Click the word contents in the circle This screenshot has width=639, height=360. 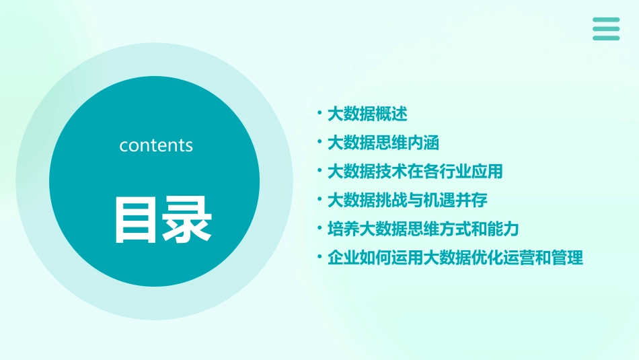tap(156, 145)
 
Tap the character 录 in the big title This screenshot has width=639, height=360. tap(185, 219)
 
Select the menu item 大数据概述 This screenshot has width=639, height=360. tap(367, 114)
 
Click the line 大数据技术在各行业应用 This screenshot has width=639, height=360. tap(414, 172)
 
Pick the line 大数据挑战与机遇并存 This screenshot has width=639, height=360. tap(406, 200)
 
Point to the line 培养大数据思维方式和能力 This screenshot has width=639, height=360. tap(422, 229)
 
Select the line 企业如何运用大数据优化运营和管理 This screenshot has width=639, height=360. tap(454, 258)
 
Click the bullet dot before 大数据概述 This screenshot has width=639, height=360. tap(320, 114)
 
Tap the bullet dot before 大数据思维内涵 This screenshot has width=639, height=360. tap(320, 143)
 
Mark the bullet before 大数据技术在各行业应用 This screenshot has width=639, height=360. tap(320, 172)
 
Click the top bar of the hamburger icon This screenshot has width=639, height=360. tap(606, 20)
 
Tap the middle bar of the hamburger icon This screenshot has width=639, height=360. tap(606, 29)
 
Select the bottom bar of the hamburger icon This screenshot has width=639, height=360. tap(606, 38)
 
